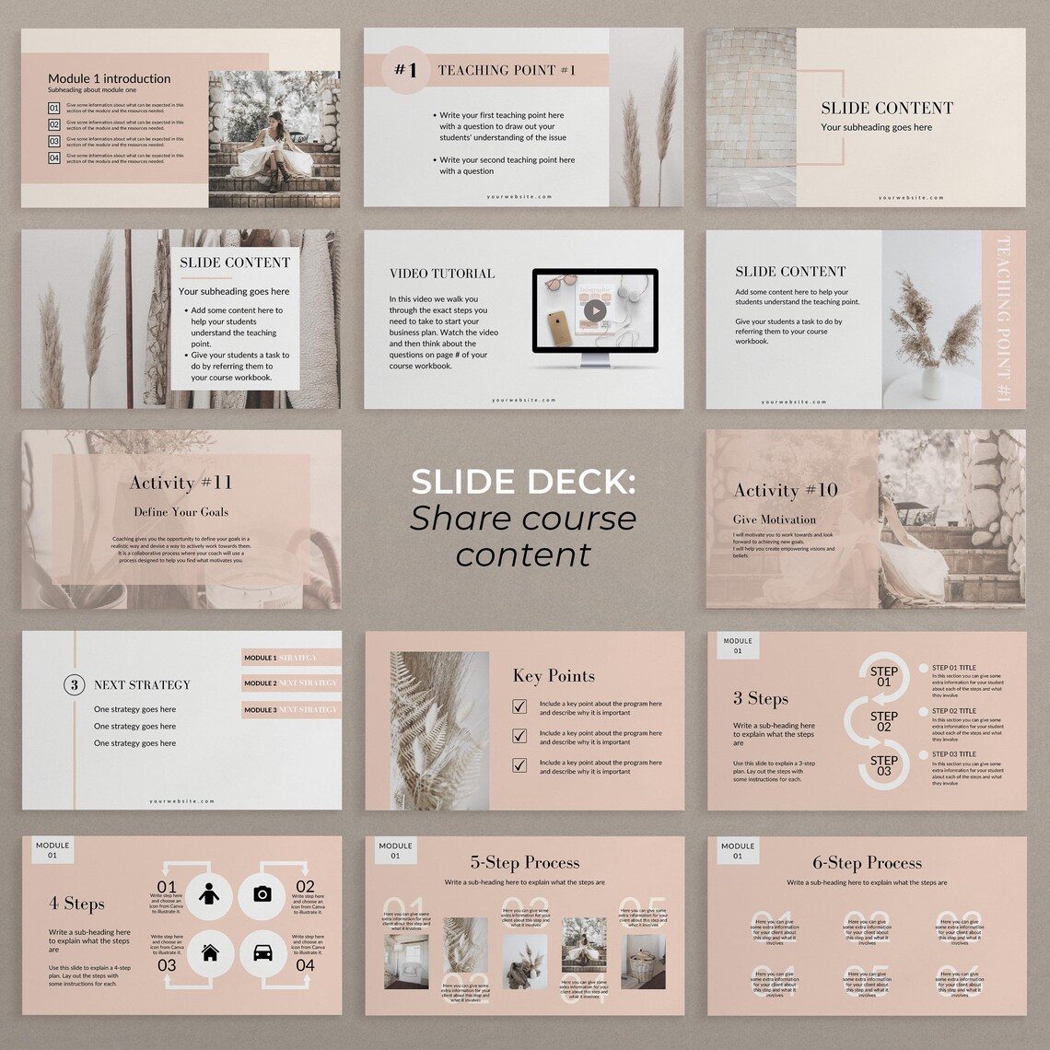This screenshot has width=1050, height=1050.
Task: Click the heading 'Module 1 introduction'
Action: coord(109,78)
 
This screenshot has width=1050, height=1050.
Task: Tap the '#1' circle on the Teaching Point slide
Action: coord(406,70)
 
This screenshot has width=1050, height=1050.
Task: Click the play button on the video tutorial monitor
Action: coord(595,310)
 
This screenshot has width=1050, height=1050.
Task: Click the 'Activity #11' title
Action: coord(181,483)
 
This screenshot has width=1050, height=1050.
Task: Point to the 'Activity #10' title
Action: coord(785,490)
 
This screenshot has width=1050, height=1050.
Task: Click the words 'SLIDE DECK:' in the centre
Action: coord(522,482)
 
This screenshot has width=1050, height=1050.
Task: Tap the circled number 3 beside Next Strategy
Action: coord(74,684)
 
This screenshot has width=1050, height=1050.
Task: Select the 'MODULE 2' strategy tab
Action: coord(291,683)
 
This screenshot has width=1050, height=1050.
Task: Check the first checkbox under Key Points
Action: coord(519,706)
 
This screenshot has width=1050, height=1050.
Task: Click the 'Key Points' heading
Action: coord(554,676)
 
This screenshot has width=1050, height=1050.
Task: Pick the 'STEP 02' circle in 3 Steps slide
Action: coord(883,721)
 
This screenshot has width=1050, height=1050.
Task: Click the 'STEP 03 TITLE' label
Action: coord(953,753)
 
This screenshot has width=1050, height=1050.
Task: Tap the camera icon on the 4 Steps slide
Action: coord(262,893)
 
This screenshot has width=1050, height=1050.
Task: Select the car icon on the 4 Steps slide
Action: coord(262,952)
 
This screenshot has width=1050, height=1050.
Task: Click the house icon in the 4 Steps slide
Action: coord(210,952)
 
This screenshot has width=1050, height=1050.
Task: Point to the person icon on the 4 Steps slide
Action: coord(210,893)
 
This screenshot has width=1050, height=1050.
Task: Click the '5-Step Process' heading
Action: coord(524,863)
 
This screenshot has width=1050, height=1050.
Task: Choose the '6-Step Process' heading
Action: coord(867,863)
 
